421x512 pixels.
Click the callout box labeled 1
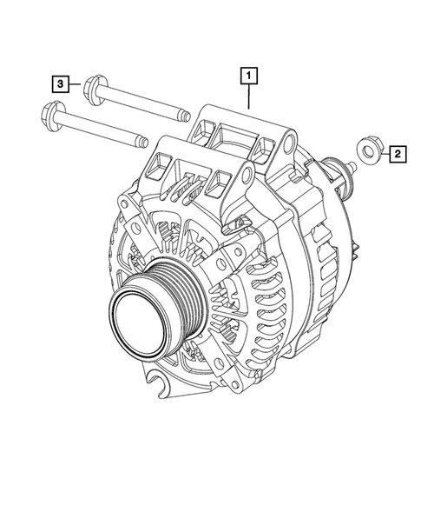(x=249, y=76)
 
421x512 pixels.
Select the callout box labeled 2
(x=397, y=155)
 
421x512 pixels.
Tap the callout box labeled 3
(x=60, y=84)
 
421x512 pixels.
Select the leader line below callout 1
(x=249, y=96)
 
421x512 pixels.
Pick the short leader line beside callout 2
(x=382, y=155)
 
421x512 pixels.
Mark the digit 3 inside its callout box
(x=60, y=84)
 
